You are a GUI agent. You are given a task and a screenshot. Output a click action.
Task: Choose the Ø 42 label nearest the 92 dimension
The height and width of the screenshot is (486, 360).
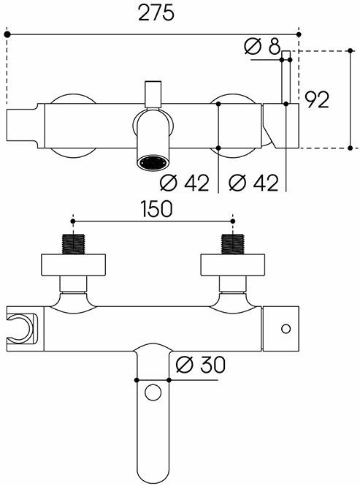pyautogui.click(x=253, y=183)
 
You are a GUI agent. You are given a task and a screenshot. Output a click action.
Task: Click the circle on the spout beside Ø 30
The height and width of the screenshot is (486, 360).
pyautogui.click(x=153, y=392)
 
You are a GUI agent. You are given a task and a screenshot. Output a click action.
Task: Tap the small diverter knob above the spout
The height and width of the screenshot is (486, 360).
pyautogui.click(x=153, y=94)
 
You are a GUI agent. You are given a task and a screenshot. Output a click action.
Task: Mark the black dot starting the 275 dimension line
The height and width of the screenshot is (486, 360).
pyautogui.click(x=7, y=34)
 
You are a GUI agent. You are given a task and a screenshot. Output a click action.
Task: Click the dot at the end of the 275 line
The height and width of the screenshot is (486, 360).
pyautogui.click(x=297, y=34)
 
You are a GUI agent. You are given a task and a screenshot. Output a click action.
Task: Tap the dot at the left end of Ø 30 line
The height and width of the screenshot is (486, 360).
pyautogui.click(x=137, y=379)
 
